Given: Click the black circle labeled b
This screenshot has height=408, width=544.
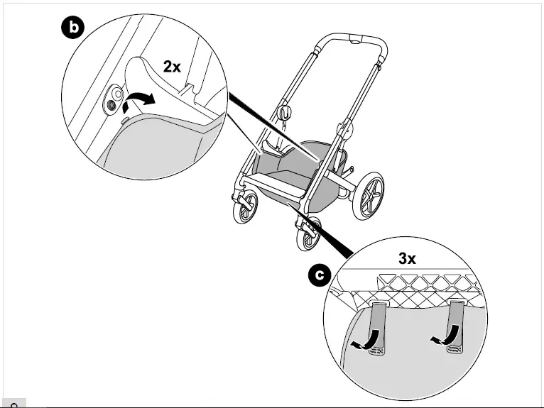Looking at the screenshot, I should [72, 28].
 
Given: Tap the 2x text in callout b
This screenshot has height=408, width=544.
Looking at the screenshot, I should [172, 67].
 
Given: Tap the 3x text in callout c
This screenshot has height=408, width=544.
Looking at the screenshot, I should [407, 259].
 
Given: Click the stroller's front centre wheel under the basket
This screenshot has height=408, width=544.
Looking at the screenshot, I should [308, 236].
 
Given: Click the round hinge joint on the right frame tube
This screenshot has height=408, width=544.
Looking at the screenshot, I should [347, 128].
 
